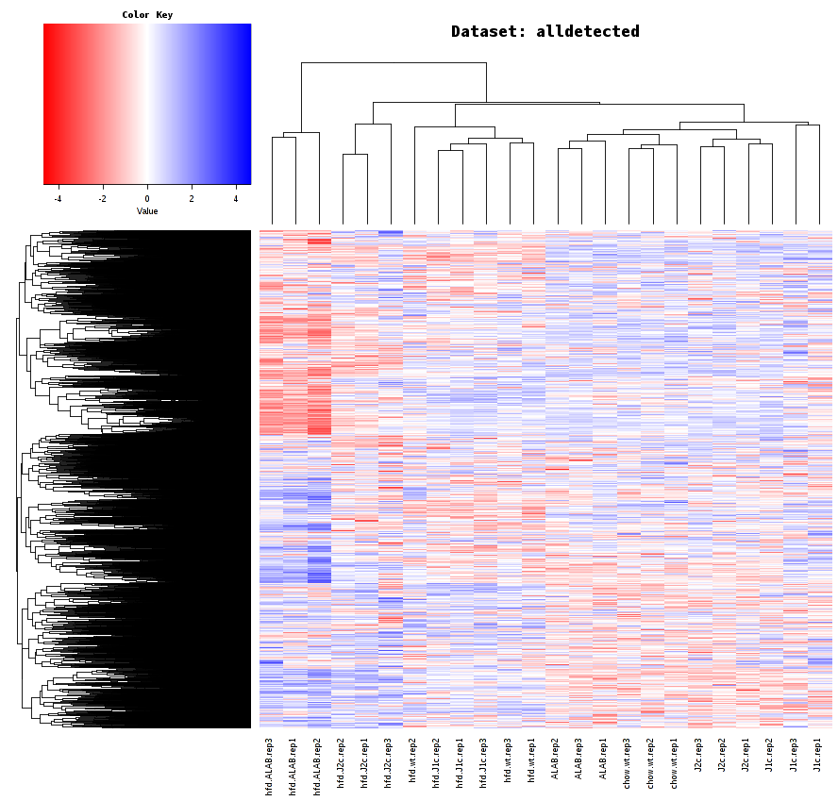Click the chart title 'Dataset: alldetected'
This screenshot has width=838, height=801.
click(x=545, y=32)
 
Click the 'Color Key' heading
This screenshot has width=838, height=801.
click(x=147, y=15)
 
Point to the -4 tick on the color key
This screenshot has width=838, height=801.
click(x=59, y=199)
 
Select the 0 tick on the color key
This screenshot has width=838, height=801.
click(x=147, y=199)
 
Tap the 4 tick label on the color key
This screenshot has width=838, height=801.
click(x=236, y=199)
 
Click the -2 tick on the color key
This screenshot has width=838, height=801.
click(x=103, y=199)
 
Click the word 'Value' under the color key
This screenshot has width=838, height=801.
click(x=147, y=211)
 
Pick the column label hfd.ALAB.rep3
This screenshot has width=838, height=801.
click(x=269, y=766)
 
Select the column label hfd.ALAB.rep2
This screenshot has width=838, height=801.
click(x=317, y=766)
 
